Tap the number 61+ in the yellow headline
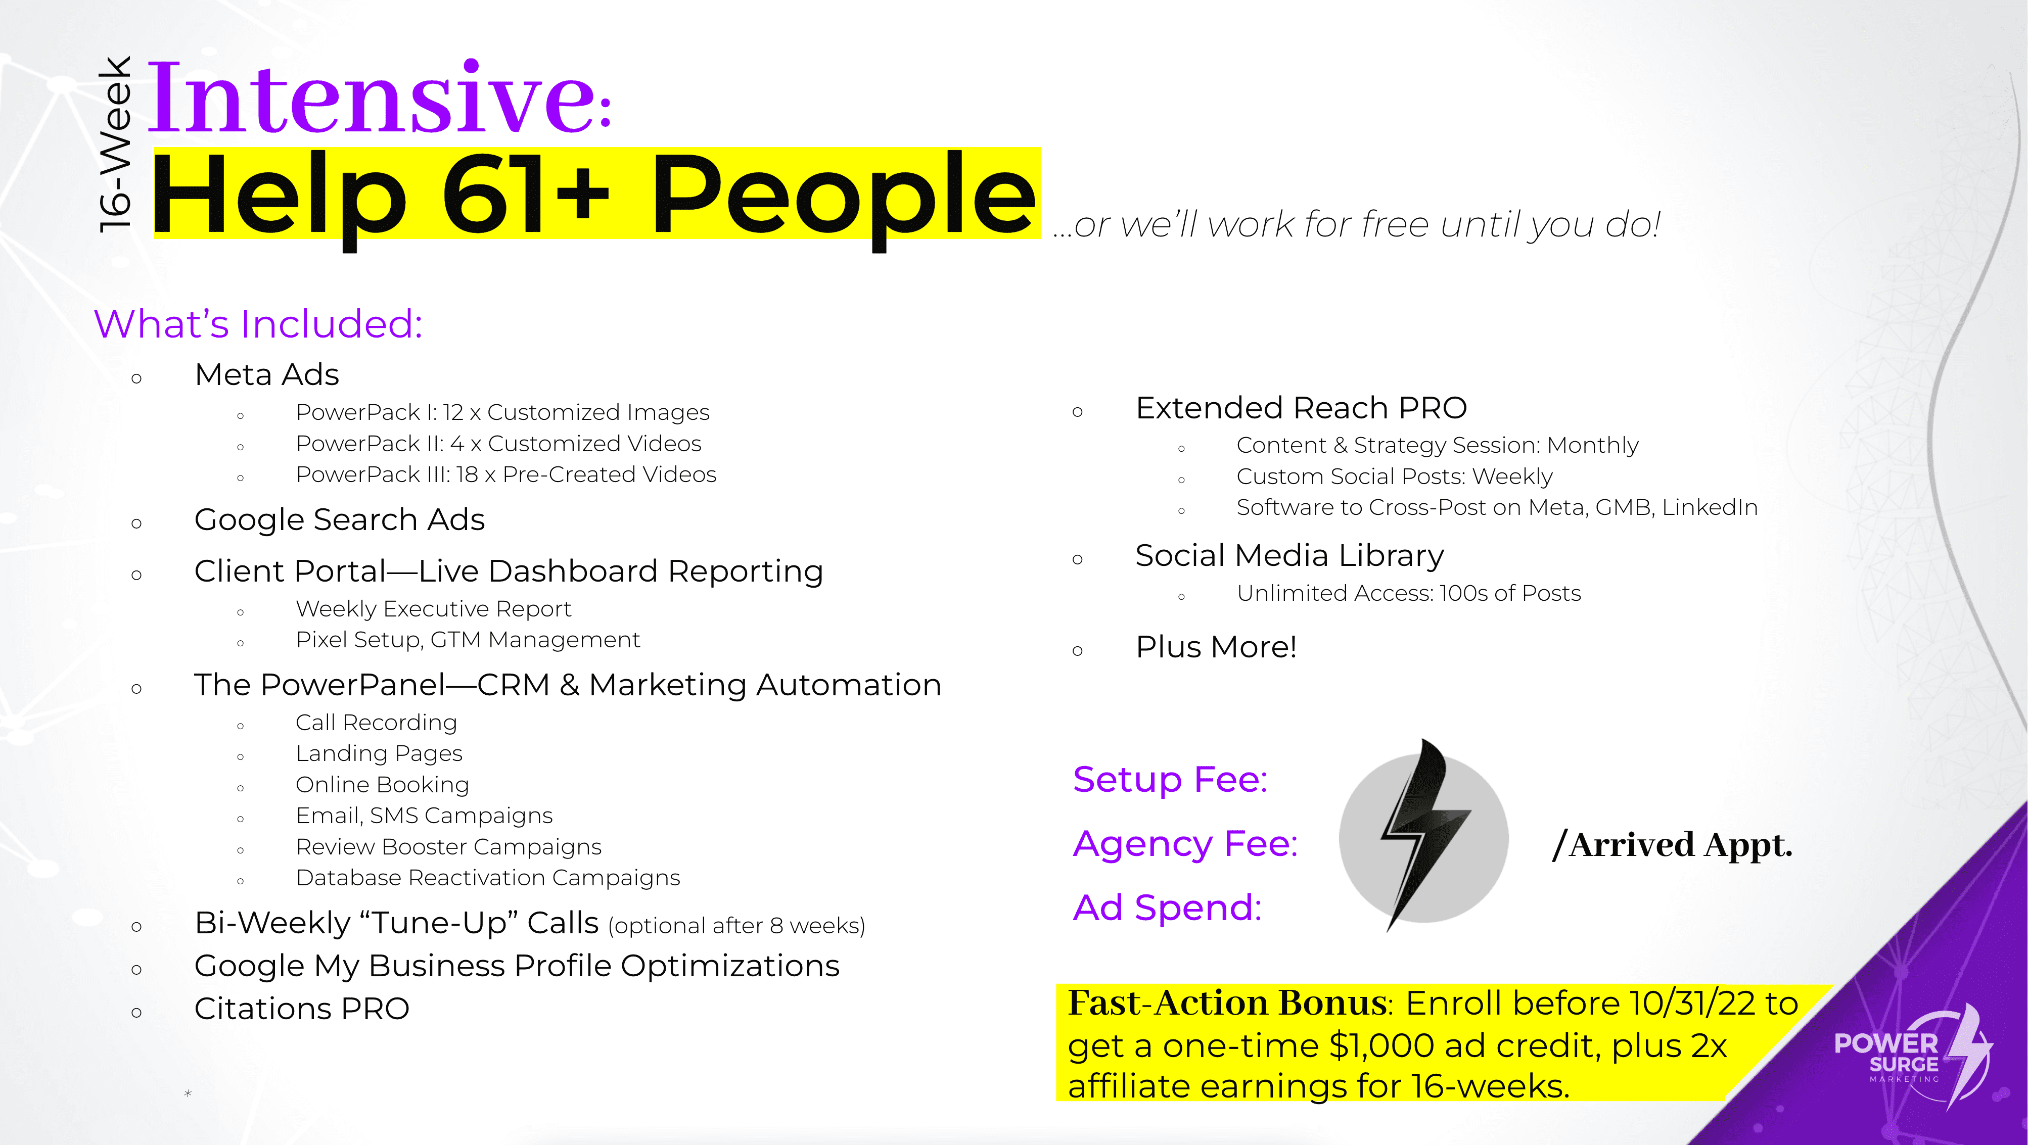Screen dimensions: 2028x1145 526,195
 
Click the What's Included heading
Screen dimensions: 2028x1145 258,323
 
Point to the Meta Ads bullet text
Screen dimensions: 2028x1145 267,374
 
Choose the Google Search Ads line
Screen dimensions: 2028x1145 339,520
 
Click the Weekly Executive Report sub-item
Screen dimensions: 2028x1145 433,609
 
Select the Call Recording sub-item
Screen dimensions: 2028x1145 376,723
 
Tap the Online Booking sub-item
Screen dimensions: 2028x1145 383,785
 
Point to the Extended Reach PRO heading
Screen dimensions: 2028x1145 1301,408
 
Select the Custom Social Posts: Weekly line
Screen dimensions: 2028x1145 1394,476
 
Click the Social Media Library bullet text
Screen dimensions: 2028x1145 1289,556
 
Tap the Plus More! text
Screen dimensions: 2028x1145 1216,647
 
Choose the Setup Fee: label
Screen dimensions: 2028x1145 1170,780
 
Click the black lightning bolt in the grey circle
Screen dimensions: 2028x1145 1423,835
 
